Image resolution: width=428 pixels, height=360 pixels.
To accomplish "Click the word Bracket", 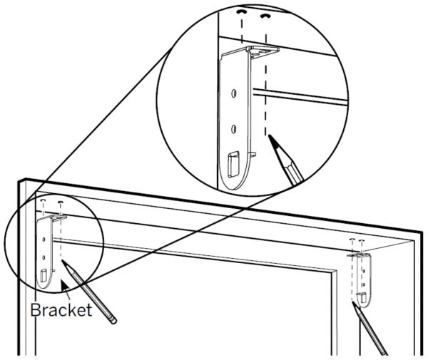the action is [x=61, y=310].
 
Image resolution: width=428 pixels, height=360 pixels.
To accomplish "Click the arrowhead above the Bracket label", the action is [x=64, y=286].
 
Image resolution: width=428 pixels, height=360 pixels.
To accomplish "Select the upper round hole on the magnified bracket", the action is [x=234, y=93].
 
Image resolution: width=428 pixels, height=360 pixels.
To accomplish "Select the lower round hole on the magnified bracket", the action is [x=234, y=129].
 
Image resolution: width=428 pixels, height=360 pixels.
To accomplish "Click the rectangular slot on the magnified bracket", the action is [x=233, y=165].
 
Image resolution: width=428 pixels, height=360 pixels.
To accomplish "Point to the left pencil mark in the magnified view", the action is [x=241, y=12].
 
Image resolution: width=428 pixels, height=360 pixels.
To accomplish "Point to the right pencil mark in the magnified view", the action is [x=265, y=16].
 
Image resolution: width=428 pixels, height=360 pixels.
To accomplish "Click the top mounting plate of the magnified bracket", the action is [x=263, y=52].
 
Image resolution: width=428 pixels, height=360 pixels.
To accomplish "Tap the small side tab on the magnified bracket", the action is [x=253, y=155].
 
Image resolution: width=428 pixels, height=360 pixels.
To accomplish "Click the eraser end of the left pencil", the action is [x=113, y=320].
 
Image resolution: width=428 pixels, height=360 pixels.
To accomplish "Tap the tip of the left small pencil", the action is [x=63, y=261].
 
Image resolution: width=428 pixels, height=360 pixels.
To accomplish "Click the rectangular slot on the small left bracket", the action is [x=44, y=275].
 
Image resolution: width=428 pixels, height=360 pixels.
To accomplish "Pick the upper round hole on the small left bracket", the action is [x=44, y=240].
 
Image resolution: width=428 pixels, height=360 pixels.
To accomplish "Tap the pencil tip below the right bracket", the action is [x=353, y=303].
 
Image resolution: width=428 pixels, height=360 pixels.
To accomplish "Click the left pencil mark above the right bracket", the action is [x=352, y=240].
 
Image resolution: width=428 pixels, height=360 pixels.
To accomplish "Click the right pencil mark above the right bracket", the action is [x=362, y=240].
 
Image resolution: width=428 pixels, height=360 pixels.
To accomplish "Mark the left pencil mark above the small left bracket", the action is [x=43, y=200].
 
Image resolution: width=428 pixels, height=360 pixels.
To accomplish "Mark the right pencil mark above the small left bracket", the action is [x=61, y=202].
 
